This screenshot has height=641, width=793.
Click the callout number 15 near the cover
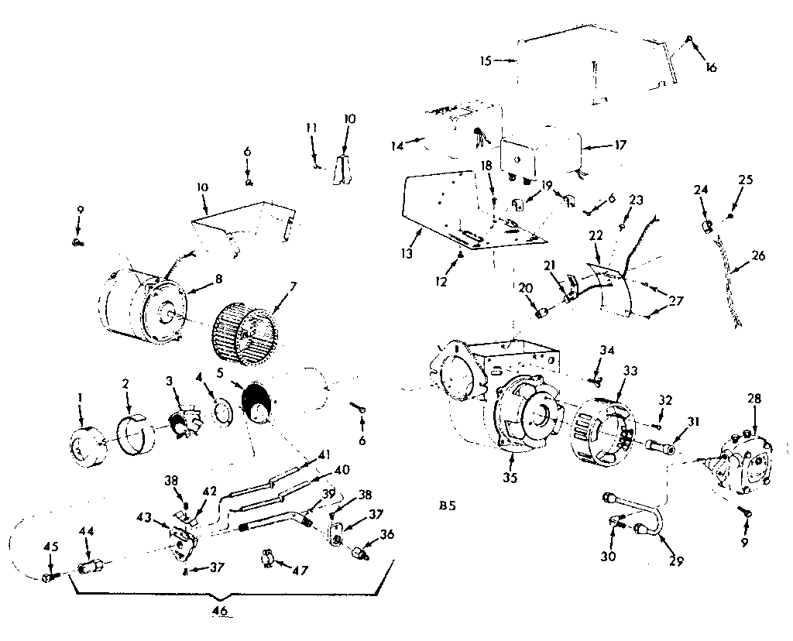click(485, 60)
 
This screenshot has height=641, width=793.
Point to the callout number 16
click(711, 67)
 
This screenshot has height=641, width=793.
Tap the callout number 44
click(88, 532)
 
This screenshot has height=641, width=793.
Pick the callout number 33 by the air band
click(630, 372)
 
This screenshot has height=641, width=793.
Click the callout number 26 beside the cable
click(757, 255)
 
